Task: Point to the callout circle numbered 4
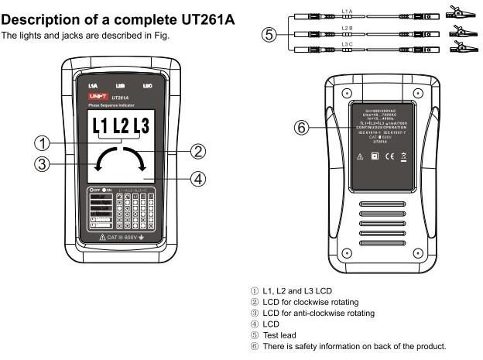198,179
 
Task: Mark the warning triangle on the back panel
359,156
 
